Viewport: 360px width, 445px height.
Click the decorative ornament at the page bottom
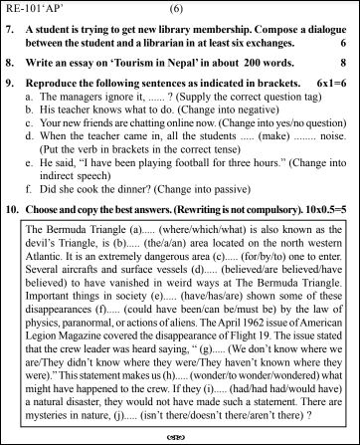tap(180, 436)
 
